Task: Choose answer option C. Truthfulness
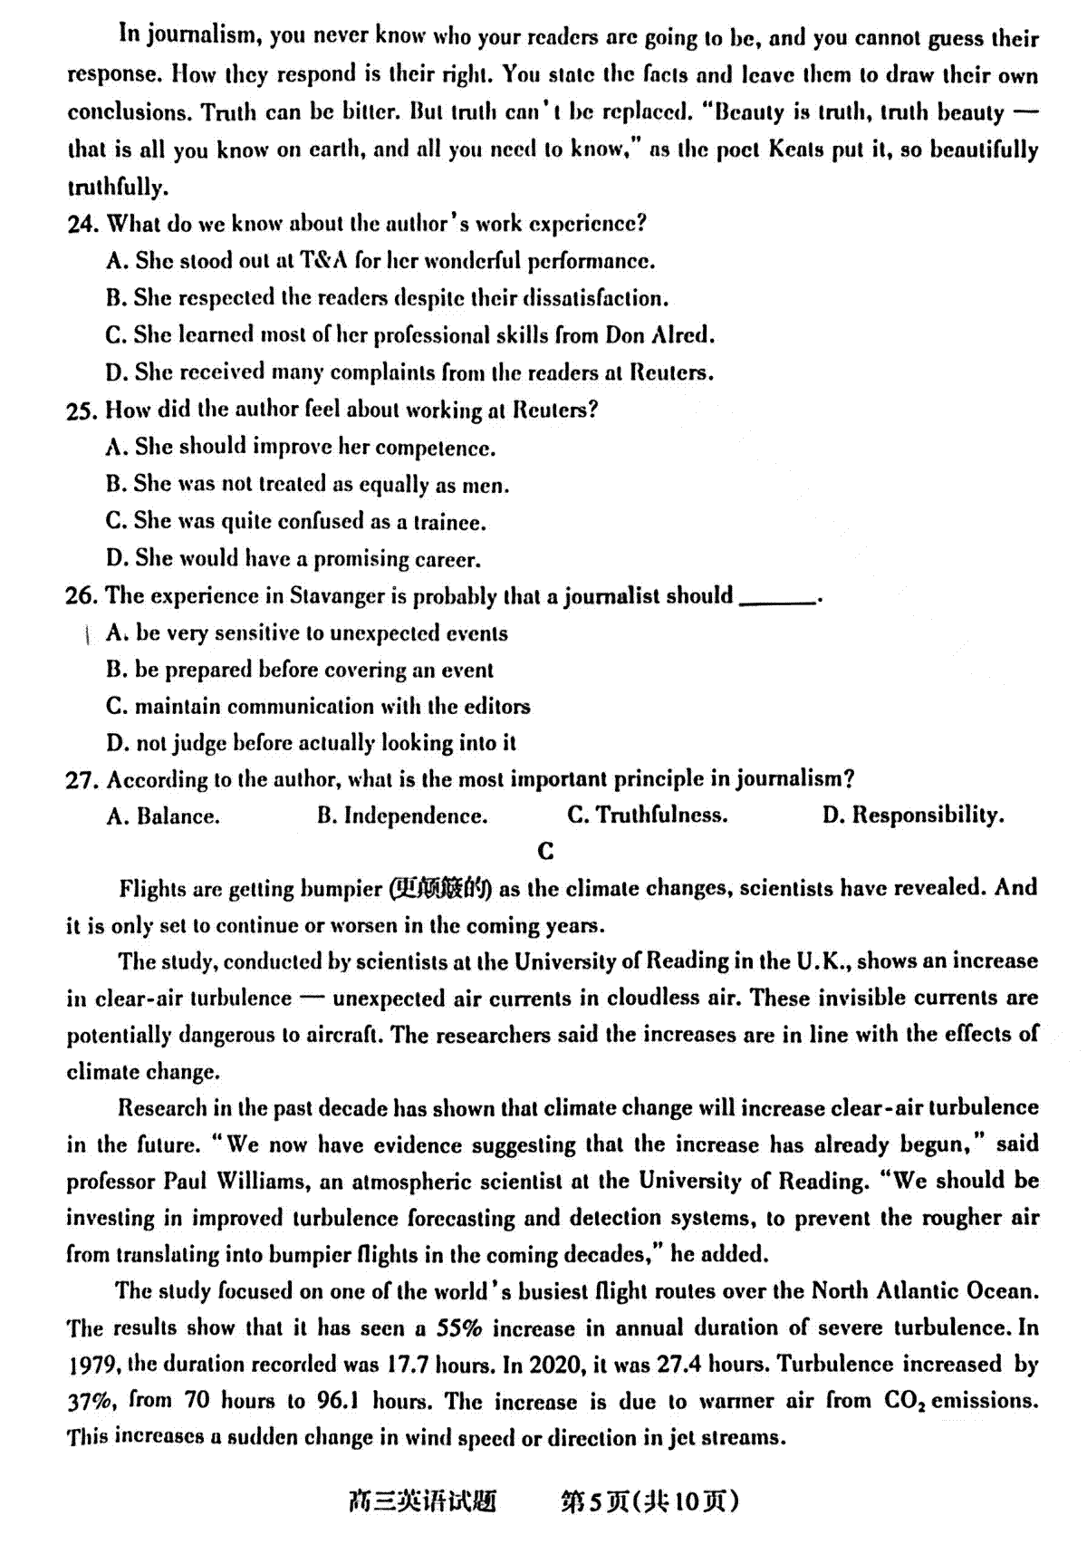coord(647,816)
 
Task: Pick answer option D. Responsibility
coord(912,816)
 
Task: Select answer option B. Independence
coord(402,816)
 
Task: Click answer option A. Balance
coord(163,816)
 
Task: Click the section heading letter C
coord(545,851)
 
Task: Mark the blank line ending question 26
coord(777,600)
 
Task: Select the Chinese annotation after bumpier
coord(440,889)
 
